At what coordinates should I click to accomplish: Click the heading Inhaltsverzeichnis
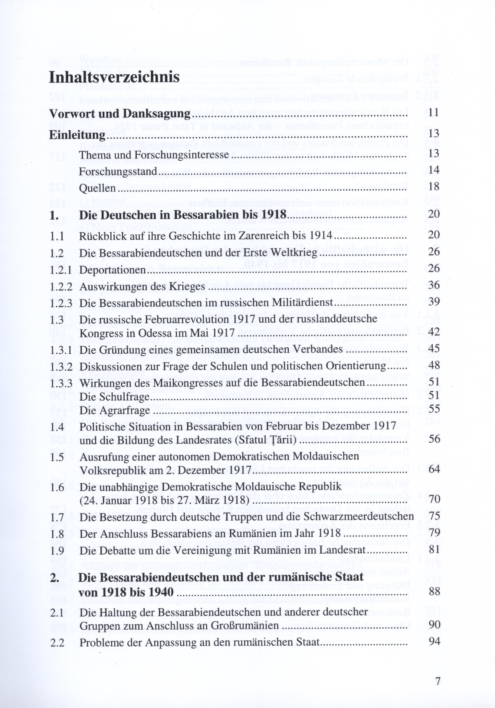[x=114, y=77]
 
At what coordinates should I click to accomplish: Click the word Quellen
[x=97, y=188]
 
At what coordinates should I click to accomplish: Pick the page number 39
[x=434, y=302]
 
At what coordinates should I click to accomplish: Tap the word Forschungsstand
[x=118, y=171]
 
